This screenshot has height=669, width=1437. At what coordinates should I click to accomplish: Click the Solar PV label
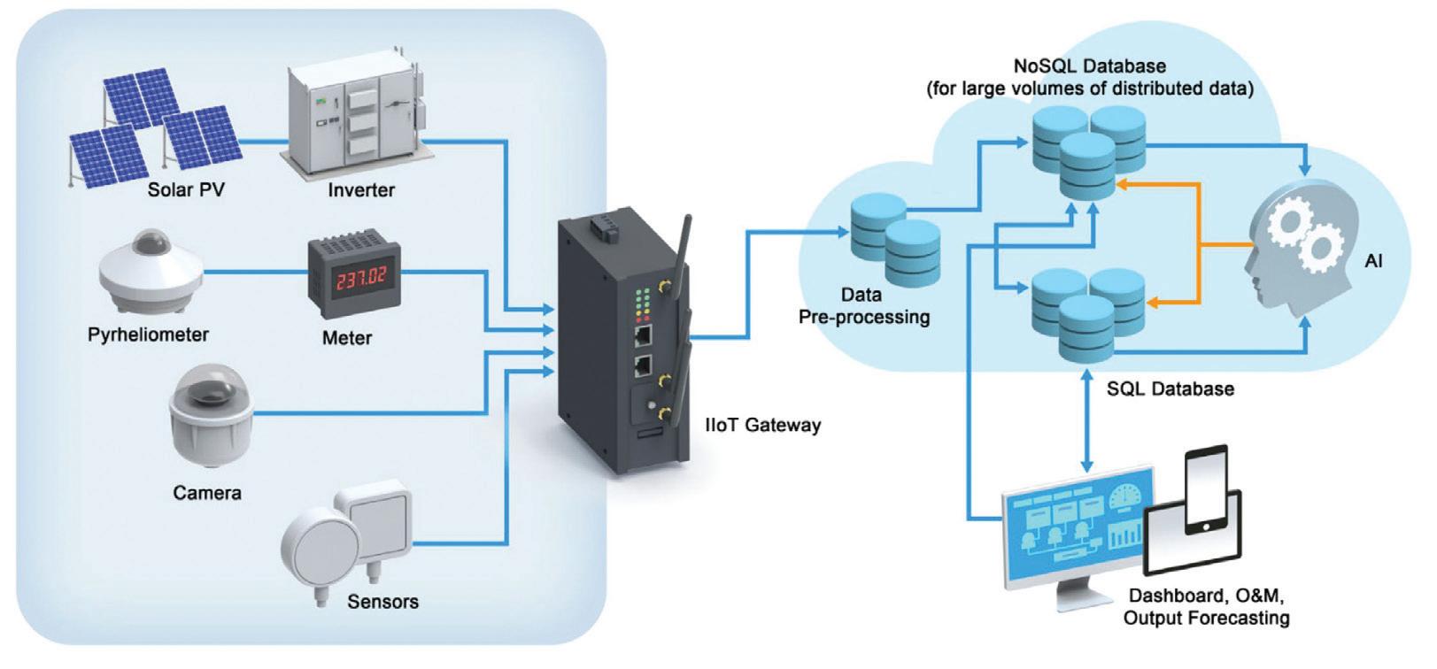pyautogui.click(x=186, y=190)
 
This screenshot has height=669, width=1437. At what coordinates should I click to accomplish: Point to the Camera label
pyautogui.click(x=207, y=493)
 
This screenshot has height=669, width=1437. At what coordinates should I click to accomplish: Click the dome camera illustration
pyautogui.click(x=211, y=414)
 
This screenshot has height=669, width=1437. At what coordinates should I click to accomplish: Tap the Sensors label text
pyautogui.click(x=383, y=602)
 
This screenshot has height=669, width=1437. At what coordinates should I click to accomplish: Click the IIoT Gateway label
pyautogui.click(x=762, y=426)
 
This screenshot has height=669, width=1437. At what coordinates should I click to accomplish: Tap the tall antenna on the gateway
pyautogui.click(x=681, y=257)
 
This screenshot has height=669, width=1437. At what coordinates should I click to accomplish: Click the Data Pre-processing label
pyautogui.click(x=864, y=306)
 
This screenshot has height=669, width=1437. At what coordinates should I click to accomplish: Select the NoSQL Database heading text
pyautogui.click(x=1090, y=66)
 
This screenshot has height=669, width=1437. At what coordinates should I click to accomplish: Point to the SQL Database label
pyautogui.click(x=1170, y=388)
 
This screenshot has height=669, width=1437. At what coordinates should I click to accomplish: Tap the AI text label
pyautogui.click(x=1373, y=261)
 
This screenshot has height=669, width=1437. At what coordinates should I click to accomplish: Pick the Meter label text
pyautogui.click(x=347, y=338)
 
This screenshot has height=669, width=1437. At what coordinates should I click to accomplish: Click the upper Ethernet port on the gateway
pyautogui.click(x=643, y=334)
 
